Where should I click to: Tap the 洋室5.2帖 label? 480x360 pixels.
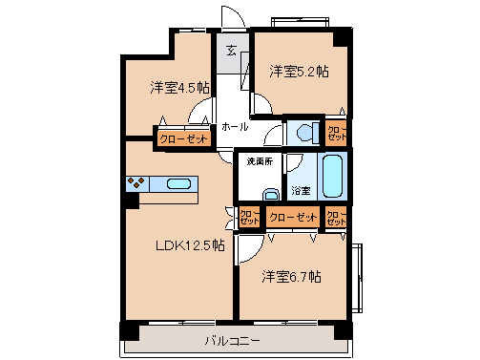[299, 71]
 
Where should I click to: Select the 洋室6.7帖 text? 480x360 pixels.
[292, 277]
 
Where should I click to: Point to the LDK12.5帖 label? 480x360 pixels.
[191, 245]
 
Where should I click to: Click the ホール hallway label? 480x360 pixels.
[235, 127]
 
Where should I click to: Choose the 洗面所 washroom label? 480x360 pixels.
[260, 161]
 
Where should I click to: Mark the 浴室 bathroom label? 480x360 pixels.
[299, 189]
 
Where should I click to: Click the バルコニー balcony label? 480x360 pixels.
[233, 341]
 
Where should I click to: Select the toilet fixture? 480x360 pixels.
[304, 133]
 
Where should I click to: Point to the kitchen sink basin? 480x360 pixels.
[179, 184]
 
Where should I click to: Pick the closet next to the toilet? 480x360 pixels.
[337, 132]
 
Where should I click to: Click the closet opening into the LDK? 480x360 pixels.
[248, 218]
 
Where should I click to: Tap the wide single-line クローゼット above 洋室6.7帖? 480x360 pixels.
[292, 218]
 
